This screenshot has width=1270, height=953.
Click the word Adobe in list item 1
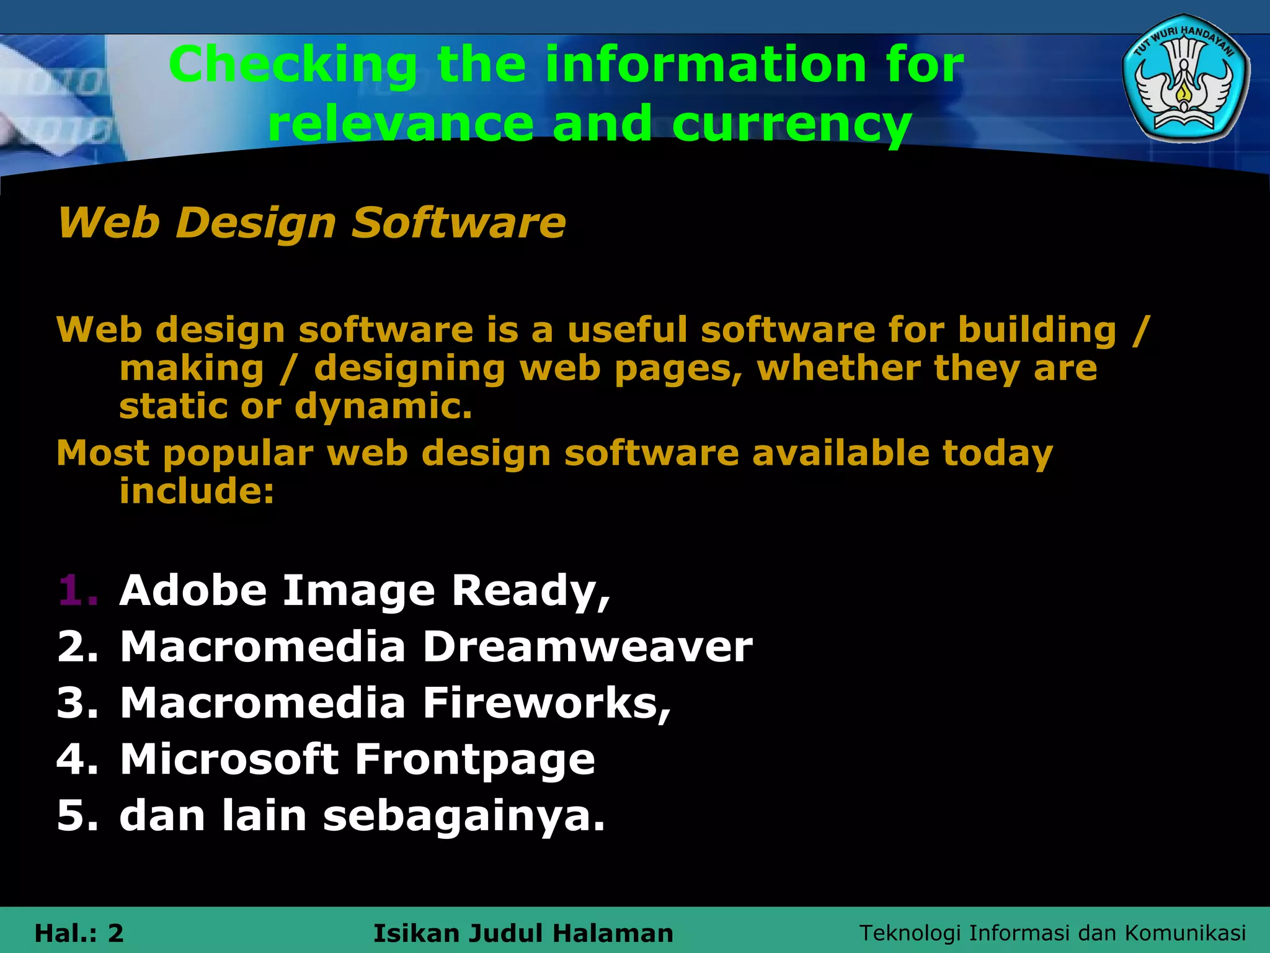193,590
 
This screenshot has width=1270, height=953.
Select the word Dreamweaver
587,647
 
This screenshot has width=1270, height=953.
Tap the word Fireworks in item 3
546,703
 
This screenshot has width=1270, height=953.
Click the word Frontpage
474,759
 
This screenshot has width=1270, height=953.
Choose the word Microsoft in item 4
229,759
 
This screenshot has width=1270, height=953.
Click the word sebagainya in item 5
464,816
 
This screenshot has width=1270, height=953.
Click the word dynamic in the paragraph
383,406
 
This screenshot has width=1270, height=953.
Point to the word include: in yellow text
197,491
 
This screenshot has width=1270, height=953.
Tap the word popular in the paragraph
239,453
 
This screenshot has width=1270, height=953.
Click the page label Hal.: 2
79,933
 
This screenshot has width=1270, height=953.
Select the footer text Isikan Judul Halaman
523,933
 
